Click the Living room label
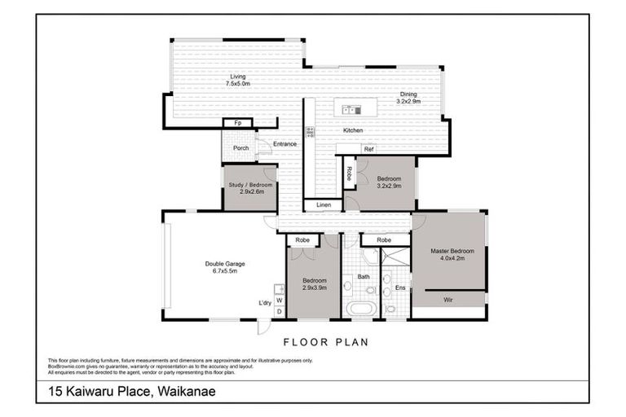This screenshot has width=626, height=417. pos(237,81)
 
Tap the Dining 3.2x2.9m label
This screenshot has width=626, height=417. pos(408,98)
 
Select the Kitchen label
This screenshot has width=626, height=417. pos(352,130)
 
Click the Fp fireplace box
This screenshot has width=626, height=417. pos(238,123)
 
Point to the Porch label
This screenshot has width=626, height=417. pos(240,148)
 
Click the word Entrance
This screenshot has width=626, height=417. pos(284,144)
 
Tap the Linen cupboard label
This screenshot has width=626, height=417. pos(324,204)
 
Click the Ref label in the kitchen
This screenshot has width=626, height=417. pos(368,149)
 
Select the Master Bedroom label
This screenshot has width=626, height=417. pos(452,255)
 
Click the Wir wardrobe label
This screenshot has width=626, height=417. pos(447,300)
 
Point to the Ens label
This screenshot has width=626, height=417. pos(399,288)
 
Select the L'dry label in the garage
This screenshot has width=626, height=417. pos(265,303)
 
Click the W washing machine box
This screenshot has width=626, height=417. pos(279,301)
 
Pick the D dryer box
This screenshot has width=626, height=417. pos(279,312)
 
